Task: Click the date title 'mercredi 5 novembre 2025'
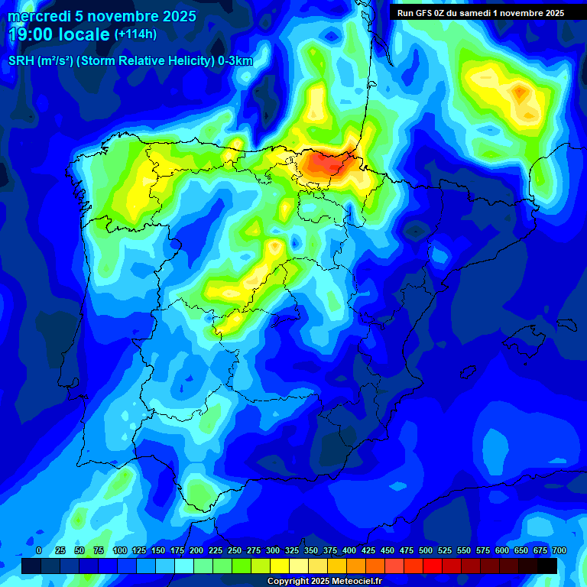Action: (x=102, y=16)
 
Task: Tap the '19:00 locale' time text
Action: (x=60, y=34)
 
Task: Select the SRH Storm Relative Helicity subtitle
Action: (x=130, y=61)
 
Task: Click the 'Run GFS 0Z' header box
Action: (x=481, y=12)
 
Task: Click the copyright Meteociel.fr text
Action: (x=324, y=582)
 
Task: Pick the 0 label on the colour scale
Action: (x=39, y=551)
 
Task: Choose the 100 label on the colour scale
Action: (x=119, y=551)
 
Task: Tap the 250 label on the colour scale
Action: (x=235, y=551)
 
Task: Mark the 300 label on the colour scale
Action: (x=273, y=551)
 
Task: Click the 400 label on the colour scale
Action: (x=349, y=551)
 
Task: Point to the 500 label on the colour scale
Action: (x=426, y=551)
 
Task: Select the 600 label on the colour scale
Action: (x=502, y=551)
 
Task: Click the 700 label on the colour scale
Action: (x=559, y=551)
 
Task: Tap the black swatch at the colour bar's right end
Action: (x=547, y=566)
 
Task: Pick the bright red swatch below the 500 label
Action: (x=433, y=566)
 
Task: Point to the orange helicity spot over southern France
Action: (x=521, y=92)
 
